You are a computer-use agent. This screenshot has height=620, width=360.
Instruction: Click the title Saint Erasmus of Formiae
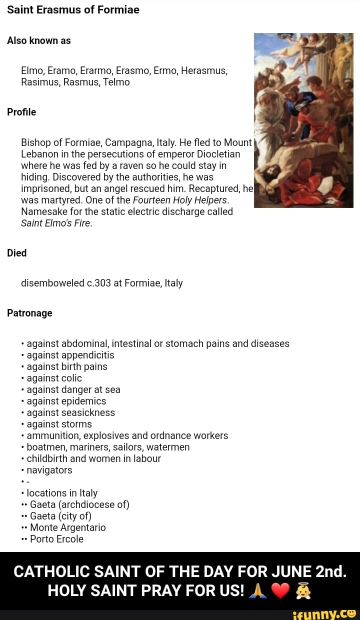pyautogui.click(x=73, y=9)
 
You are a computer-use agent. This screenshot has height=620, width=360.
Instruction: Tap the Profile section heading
pyautogui.click(x=21, y=112)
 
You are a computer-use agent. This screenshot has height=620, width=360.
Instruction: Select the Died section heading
pyautogui.click(x=16, y=253)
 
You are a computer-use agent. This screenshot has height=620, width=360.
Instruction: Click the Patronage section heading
pyautogui.click(x=29, y=313)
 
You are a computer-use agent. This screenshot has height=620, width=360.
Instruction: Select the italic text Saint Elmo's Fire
pyautogui.click(x=56, y=223)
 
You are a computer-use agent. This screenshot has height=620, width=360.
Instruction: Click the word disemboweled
pyautogui.click(x=52, y=283)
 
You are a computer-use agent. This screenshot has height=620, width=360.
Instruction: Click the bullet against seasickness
pyautogui.click(x=70, y=412)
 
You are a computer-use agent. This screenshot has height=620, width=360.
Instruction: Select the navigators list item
pyautogui.click(x=49, y=470)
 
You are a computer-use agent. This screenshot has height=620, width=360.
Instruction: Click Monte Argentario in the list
pyautogui.click(x=67, y=527)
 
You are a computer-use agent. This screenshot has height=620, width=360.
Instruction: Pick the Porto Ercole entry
pyautogui.click(x=56, y=539)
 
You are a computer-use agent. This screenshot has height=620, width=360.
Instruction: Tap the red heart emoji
pyautogui.click(x=280, y=591)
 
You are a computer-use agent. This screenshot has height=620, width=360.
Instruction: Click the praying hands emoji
pyautogui.click(x=258, y=591)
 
